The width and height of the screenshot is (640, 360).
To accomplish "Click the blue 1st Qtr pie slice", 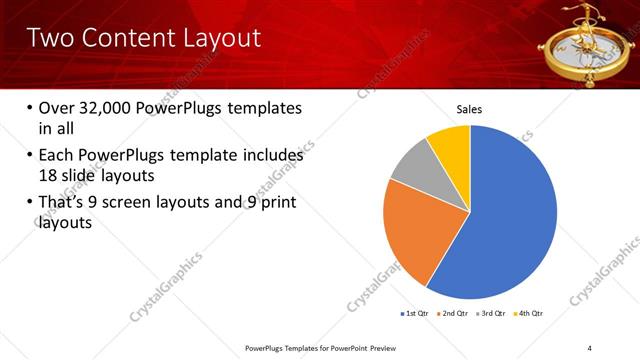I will pos(510,220).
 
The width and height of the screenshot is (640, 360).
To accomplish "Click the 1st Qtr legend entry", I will pos(415,313).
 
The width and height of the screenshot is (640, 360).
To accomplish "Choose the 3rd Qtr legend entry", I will pos(491,313).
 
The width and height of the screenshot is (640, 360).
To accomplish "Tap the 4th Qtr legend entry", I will pos(529,313).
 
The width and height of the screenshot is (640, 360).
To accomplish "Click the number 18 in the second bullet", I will pos(47,174).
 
